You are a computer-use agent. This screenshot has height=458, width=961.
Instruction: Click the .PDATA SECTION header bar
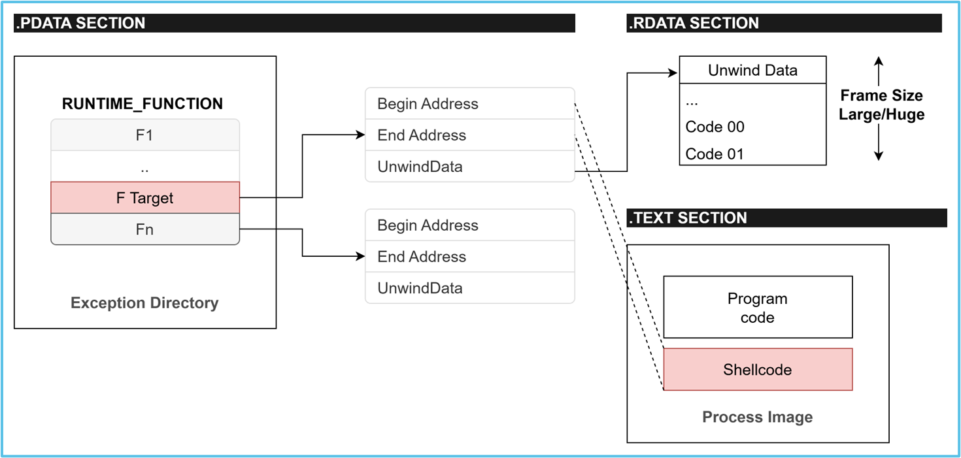click(294, 24)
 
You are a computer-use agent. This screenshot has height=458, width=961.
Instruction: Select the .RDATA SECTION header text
click(694, 24)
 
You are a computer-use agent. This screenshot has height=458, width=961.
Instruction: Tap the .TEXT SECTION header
click(687, 218)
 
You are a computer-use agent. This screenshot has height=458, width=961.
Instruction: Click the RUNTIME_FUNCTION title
click(143, 104)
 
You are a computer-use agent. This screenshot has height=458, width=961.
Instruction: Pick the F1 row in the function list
click(145, 135)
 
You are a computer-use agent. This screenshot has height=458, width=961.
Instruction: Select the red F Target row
click(145, 198)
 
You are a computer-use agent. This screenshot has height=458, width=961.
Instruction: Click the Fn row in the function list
click(145, 229)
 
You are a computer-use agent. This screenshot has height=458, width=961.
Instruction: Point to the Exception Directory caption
click(144, 303)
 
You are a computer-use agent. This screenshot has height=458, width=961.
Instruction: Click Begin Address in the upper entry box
click(428, 104)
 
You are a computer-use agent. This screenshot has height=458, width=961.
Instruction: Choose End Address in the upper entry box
click(422, 135)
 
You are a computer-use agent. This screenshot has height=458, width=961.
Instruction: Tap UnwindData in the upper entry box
click(420, 167)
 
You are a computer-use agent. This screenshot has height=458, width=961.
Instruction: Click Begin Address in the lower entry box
click(428, 225)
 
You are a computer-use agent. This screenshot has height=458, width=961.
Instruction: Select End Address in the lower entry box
click(422, 257)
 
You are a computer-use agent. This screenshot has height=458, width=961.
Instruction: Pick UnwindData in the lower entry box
click(420, 288)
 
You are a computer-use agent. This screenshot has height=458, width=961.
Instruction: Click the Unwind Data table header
click(752, 71)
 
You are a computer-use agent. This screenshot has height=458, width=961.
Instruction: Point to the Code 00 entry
click(715, 127)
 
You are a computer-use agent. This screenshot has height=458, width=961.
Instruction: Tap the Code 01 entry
click(715, 154)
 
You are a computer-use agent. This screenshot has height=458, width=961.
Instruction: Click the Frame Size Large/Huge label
click(881, 105)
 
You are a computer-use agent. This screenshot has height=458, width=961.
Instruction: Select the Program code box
click(757, 308)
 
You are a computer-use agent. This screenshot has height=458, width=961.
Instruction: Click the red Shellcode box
click(757, 370)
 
